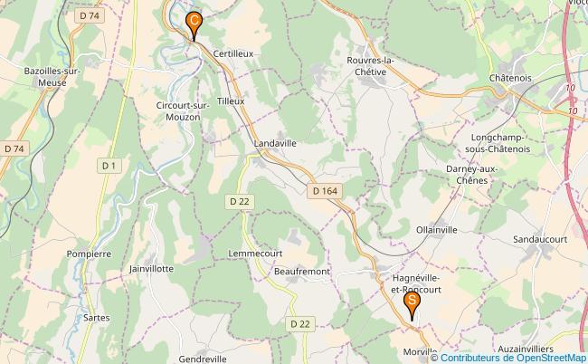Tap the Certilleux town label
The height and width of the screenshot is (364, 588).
click(233, 53)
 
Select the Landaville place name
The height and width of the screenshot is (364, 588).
click(275, 143)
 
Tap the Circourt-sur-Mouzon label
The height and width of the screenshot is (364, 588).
click(184, 111)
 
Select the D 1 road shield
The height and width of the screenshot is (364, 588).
click(109, 166)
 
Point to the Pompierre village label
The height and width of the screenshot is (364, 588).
click(89, 254)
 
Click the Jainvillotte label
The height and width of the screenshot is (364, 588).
click(151, 269)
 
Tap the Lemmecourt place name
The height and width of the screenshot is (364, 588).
click(257, 253)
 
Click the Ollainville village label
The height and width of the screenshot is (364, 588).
click(437, 230)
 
